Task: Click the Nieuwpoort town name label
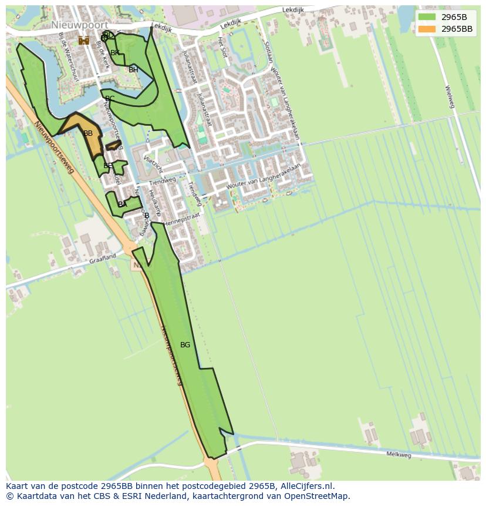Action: click(x=79, y=25)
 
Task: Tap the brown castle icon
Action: click(x=84, y=40)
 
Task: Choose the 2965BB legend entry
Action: click(x=457, y=29)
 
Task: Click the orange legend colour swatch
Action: click(x=427, y=29)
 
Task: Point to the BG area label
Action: click(x=185, y=345)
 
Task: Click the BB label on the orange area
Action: click(x=88, y=133)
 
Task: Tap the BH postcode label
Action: click(x=133, y=70)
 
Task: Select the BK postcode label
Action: click(x=115, y=53)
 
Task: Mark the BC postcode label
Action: click(x=110, y=99)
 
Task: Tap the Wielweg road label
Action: click(x=450, y=97)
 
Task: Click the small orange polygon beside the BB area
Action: click(x=113, y=145)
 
